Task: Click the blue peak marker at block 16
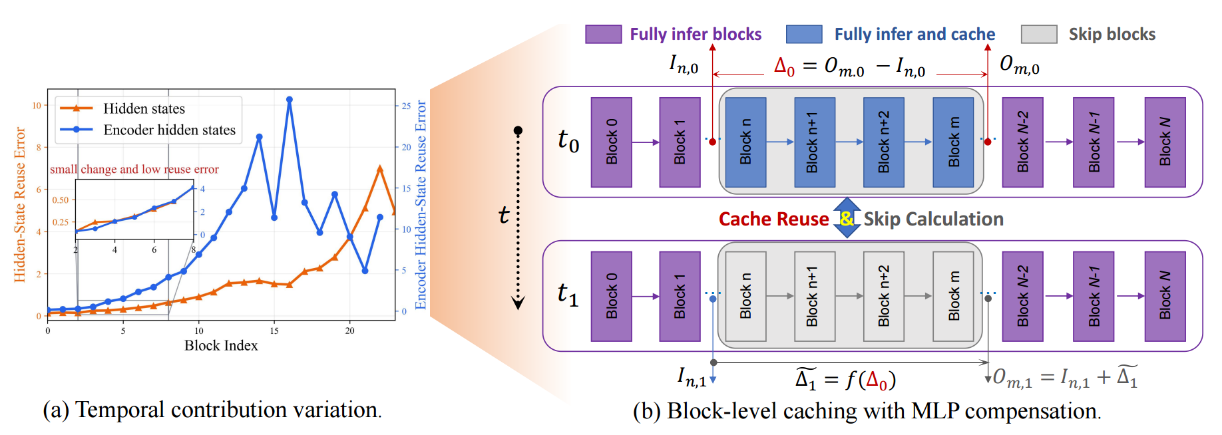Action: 289,100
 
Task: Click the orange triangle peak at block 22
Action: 380,169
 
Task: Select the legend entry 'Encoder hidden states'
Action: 169,130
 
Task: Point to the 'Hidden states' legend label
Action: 144,108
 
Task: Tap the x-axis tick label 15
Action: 274,331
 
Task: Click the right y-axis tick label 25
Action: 406,106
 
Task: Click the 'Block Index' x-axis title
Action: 221,345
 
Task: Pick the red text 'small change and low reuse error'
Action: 134,169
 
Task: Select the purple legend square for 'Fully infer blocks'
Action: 603,34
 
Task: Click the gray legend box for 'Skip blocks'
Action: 1038,34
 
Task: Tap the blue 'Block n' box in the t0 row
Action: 745,142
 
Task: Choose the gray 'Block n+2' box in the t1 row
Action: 883,296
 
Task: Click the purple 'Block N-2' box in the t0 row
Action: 1022,142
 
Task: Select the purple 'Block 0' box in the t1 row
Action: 611,296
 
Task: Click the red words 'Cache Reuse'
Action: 773,219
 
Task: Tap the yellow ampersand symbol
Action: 846,218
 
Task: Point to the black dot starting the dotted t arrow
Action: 518,130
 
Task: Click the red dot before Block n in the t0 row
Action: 713,142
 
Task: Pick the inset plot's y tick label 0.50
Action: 61,200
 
